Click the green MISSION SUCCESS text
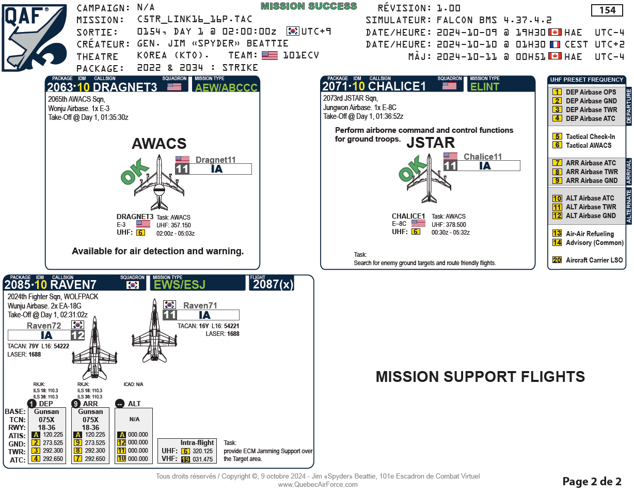tap(309, 6)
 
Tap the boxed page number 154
tap(607, 10)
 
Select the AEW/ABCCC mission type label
tap(225, 87)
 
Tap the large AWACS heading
tap(159, 144)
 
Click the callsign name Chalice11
tap(482, 157)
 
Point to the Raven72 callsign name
tap(44, 326)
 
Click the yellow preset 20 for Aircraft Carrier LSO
tap(557, 260)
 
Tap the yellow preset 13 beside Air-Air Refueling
tap(557, 234)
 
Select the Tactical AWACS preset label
tap(589, 145)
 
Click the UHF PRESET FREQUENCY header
tap(586, 80)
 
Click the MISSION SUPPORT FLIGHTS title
tap(480, 377)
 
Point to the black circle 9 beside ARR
tap(76, 404)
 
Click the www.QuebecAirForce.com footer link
tap(318, 484)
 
